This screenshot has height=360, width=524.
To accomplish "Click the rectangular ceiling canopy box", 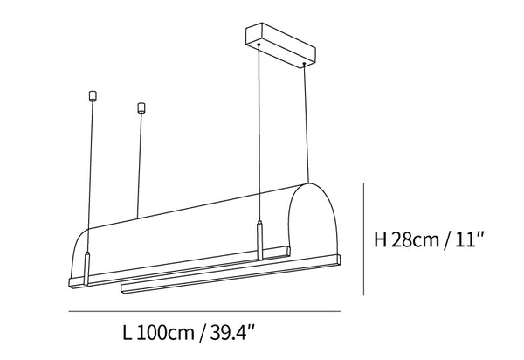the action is (x=280, y=45).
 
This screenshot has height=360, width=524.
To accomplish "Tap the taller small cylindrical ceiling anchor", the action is (x=93, y=96).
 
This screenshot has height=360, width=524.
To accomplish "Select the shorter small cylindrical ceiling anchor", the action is (x=141, y=107).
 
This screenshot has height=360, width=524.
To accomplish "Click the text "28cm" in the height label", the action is (x=415, y=239).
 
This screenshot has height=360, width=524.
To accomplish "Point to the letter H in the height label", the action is (x=381, y=239).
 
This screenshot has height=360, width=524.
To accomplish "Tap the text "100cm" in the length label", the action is (x=165, y=333).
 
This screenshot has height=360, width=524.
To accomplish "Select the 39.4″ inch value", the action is (x=232, y=333).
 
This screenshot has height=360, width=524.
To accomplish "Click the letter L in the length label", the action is (x=128, y=333).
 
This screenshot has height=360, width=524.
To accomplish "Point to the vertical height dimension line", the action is (x=363, y=239).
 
